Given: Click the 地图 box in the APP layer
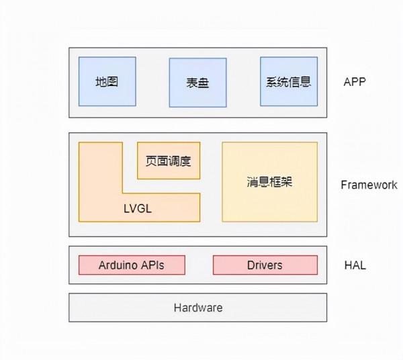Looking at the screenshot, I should pos(107,81).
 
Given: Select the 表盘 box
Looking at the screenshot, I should pos(197,83).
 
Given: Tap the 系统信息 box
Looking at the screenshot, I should pos(289,81).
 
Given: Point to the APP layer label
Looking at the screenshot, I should pos(354,83).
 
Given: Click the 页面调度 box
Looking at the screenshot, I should pos(169,161).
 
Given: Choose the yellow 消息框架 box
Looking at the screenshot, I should pos(269,182).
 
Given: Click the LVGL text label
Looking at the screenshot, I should pos(138,208).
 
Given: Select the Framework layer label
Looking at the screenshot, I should pos(369,185).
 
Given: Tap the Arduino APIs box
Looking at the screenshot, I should pos(131,265).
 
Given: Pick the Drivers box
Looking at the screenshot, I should pos(265,265).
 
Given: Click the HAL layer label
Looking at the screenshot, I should pos(355,265).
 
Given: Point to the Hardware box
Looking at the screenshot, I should pos(197,308).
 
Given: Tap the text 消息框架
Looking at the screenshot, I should pos(269,182).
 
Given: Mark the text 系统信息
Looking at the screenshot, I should pos(289,83).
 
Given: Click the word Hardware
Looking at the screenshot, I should pos(197,308).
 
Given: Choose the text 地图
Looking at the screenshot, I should pos(107,83).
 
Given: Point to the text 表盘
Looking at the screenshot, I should pos(197,85).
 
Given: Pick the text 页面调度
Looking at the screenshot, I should pos(169,161).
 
